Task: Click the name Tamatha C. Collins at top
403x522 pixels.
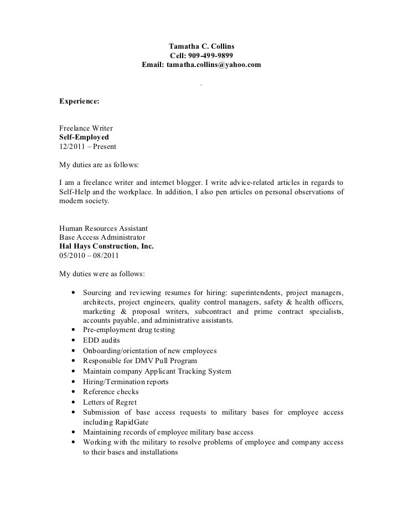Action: (201, 46)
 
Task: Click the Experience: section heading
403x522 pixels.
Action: (79, 101)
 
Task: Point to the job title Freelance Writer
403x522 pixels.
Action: (86, 128)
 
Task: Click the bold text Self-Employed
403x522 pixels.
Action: (84, 137)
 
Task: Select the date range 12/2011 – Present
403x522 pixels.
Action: (87, 147)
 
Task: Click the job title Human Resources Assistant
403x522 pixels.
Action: (103, 228)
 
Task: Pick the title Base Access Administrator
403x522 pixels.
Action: (103, 237)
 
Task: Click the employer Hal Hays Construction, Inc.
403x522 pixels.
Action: (106, 246)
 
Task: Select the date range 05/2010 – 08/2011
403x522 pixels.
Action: (89, 256)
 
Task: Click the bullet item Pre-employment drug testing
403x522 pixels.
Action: (129, 330)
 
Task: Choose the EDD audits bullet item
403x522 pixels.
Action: (101, 340)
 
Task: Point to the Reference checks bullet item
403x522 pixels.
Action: (111, 392)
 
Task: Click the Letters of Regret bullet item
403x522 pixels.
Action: (110, 402)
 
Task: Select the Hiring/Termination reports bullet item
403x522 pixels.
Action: (126, 382)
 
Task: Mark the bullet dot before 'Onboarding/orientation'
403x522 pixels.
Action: (74, 351)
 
